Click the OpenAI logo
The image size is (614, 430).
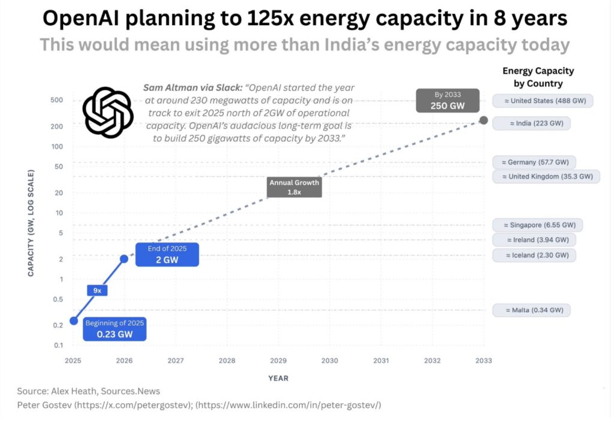point(107,113)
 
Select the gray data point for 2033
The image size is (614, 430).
point(483,121)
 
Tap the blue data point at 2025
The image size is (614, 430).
point(74,320)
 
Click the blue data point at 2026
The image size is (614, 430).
point(124,259)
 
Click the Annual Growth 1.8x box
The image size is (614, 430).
point(294,187)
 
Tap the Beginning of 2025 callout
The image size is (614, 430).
point(114,329)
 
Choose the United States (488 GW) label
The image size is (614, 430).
point(543,101)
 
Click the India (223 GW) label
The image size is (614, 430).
point(532,123)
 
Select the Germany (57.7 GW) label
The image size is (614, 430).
point(534,162)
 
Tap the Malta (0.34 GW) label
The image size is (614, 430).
point(531,310)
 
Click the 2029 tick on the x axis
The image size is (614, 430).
point(278,361)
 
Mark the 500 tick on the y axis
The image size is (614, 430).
point(57,100)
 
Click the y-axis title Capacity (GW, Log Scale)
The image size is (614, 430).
point(30,223)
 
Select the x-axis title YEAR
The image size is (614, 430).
point(278,378)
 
